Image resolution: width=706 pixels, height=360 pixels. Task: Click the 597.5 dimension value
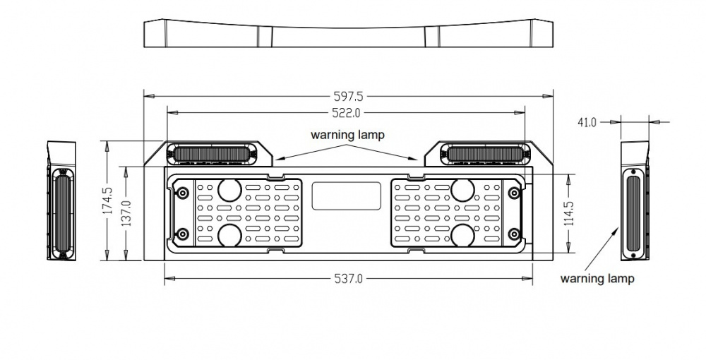tap(348, 96)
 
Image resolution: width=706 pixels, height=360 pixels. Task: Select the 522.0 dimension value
tap(346, 112)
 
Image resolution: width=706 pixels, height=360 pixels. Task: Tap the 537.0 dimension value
tap(349, 279)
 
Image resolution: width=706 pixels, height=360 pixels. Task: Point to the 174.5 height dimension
tap(107, 200)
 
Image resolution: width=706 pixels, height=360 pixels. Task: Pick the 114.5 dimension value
tap(570, 213)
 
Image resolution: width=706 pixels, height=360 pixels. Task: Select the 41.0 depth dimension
tap(587, 122)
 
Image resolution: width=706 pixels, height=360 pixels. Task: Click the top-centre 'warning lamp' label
tap(347, 135)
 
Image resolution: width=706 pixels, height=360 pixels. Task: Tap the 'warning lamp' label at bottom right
tap(597, 279)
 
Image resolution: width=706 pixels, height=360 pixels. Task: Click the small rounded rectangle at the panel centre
tap(346, 196)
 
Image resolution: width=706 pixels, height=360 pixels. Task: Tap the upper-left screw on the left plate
tap(182, 193)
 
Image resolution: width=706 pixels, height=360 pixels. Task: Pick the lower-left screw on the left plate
tap(182, 234)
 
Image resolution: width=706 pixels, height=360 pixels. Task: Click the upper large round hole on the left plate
tap(229, 189)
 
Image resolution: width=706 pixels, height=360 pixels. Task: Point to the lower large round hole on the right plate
tap(462, 235)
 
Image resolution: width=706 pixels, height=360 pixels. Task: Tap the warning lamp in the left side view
tap(61, 214)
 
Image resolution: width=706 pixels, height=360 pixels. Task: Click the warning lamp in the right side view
tap(633, 214)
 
